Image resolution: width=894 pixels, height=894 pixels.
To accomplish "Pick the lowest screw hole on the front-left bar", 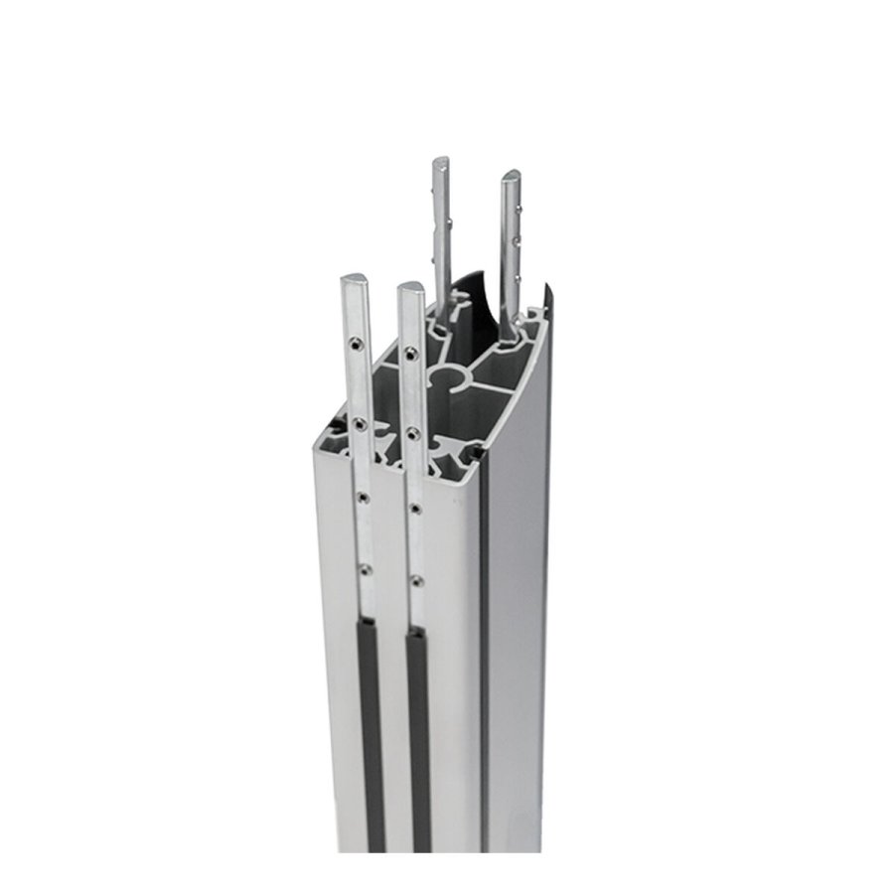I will click(x=365, y=569).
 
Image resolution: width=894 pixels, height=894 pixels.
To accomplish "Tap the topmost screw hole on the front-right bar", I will click(x=411, y=352).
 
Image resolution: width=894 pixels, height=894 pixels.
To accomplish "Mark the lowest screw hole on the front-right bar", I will click(x=416, y=579).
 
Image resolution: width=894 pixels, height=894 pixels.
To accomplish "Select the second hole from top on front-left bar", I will click(x=360, y=423).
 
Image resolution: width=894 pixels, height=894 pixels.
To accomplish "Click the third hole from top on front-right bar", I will click(x=415, y=509).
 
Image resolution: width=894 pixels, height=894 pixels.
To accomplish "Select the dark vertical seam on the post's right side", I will click(x=486, y=646).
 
